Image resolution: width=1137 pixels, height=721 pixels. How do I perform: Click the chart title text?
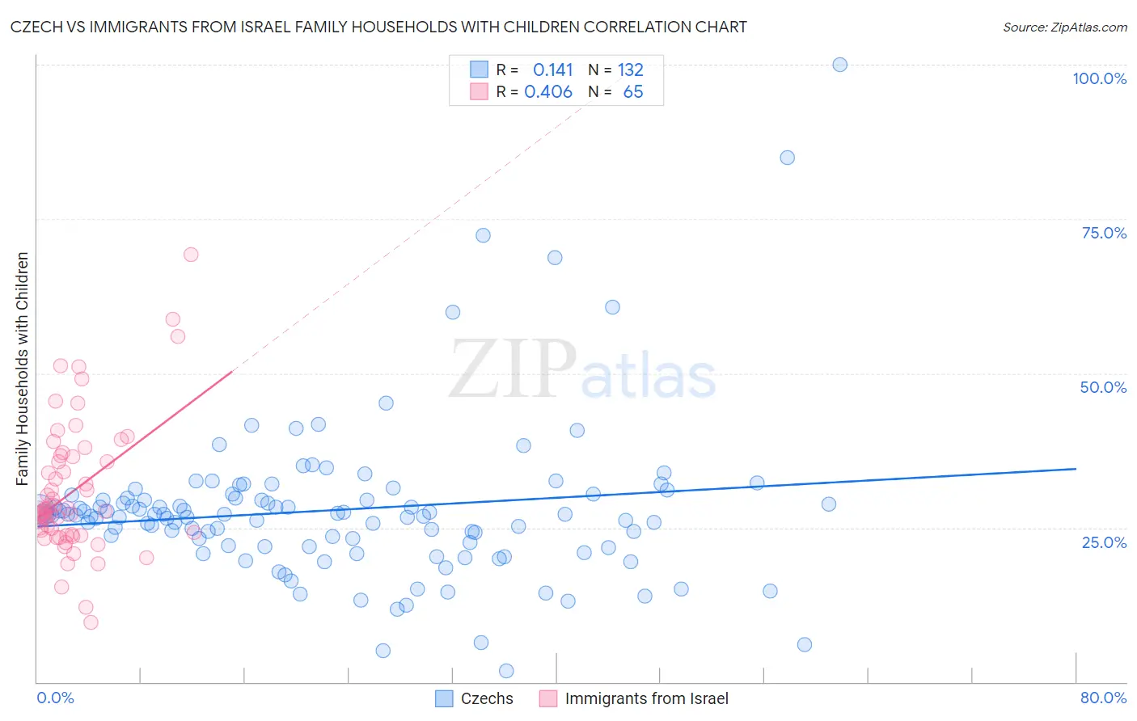378,27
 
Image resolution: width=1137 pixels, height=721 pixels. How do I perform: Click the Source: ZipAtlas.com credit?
1064,27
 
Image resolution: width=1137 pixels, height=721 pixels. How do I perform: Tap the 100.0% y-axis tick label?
1099,78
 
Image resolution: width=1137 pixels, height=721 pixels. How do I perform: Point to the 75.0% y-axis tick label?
1104,233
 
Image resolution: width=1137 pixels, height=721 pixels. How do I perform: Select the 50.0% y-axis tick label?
1103,387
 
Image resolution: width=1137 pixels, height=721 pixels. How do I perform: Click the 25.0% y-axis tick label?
1104,542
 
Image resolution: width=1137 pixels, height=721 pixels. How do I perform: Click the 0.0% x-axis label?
55,698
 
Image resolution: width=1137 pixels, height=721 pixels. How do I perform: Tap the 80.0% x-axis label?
1103,698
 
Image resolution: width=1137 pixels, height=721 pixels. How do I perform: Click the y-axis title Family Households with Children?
22,369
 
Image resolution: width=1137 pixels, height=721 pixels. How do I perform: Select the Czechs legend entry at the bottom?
475,698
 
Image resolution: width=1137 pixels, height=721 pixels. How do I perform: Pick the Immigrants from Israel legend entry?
634,698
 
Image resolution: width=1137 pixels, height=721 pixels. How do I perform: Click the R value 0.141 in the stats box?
552,70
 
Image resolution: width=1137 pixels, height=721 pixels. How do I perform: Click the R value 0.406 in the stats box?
548,91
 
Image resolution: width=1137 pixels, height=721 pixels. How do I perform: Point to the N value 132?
631,70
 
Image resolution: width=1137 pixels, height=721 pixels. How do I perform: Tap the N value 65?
633,91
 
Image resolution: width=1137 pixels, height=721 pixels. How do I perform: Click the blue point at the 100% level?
839,65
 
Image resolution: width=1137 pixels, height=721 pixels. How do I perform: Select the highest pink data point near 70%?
191,255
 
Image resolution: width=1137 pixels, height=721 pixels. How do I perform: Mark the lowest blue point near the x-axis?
506,671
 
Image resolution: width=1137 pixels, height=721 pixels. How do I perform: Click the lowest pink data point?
91,622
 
